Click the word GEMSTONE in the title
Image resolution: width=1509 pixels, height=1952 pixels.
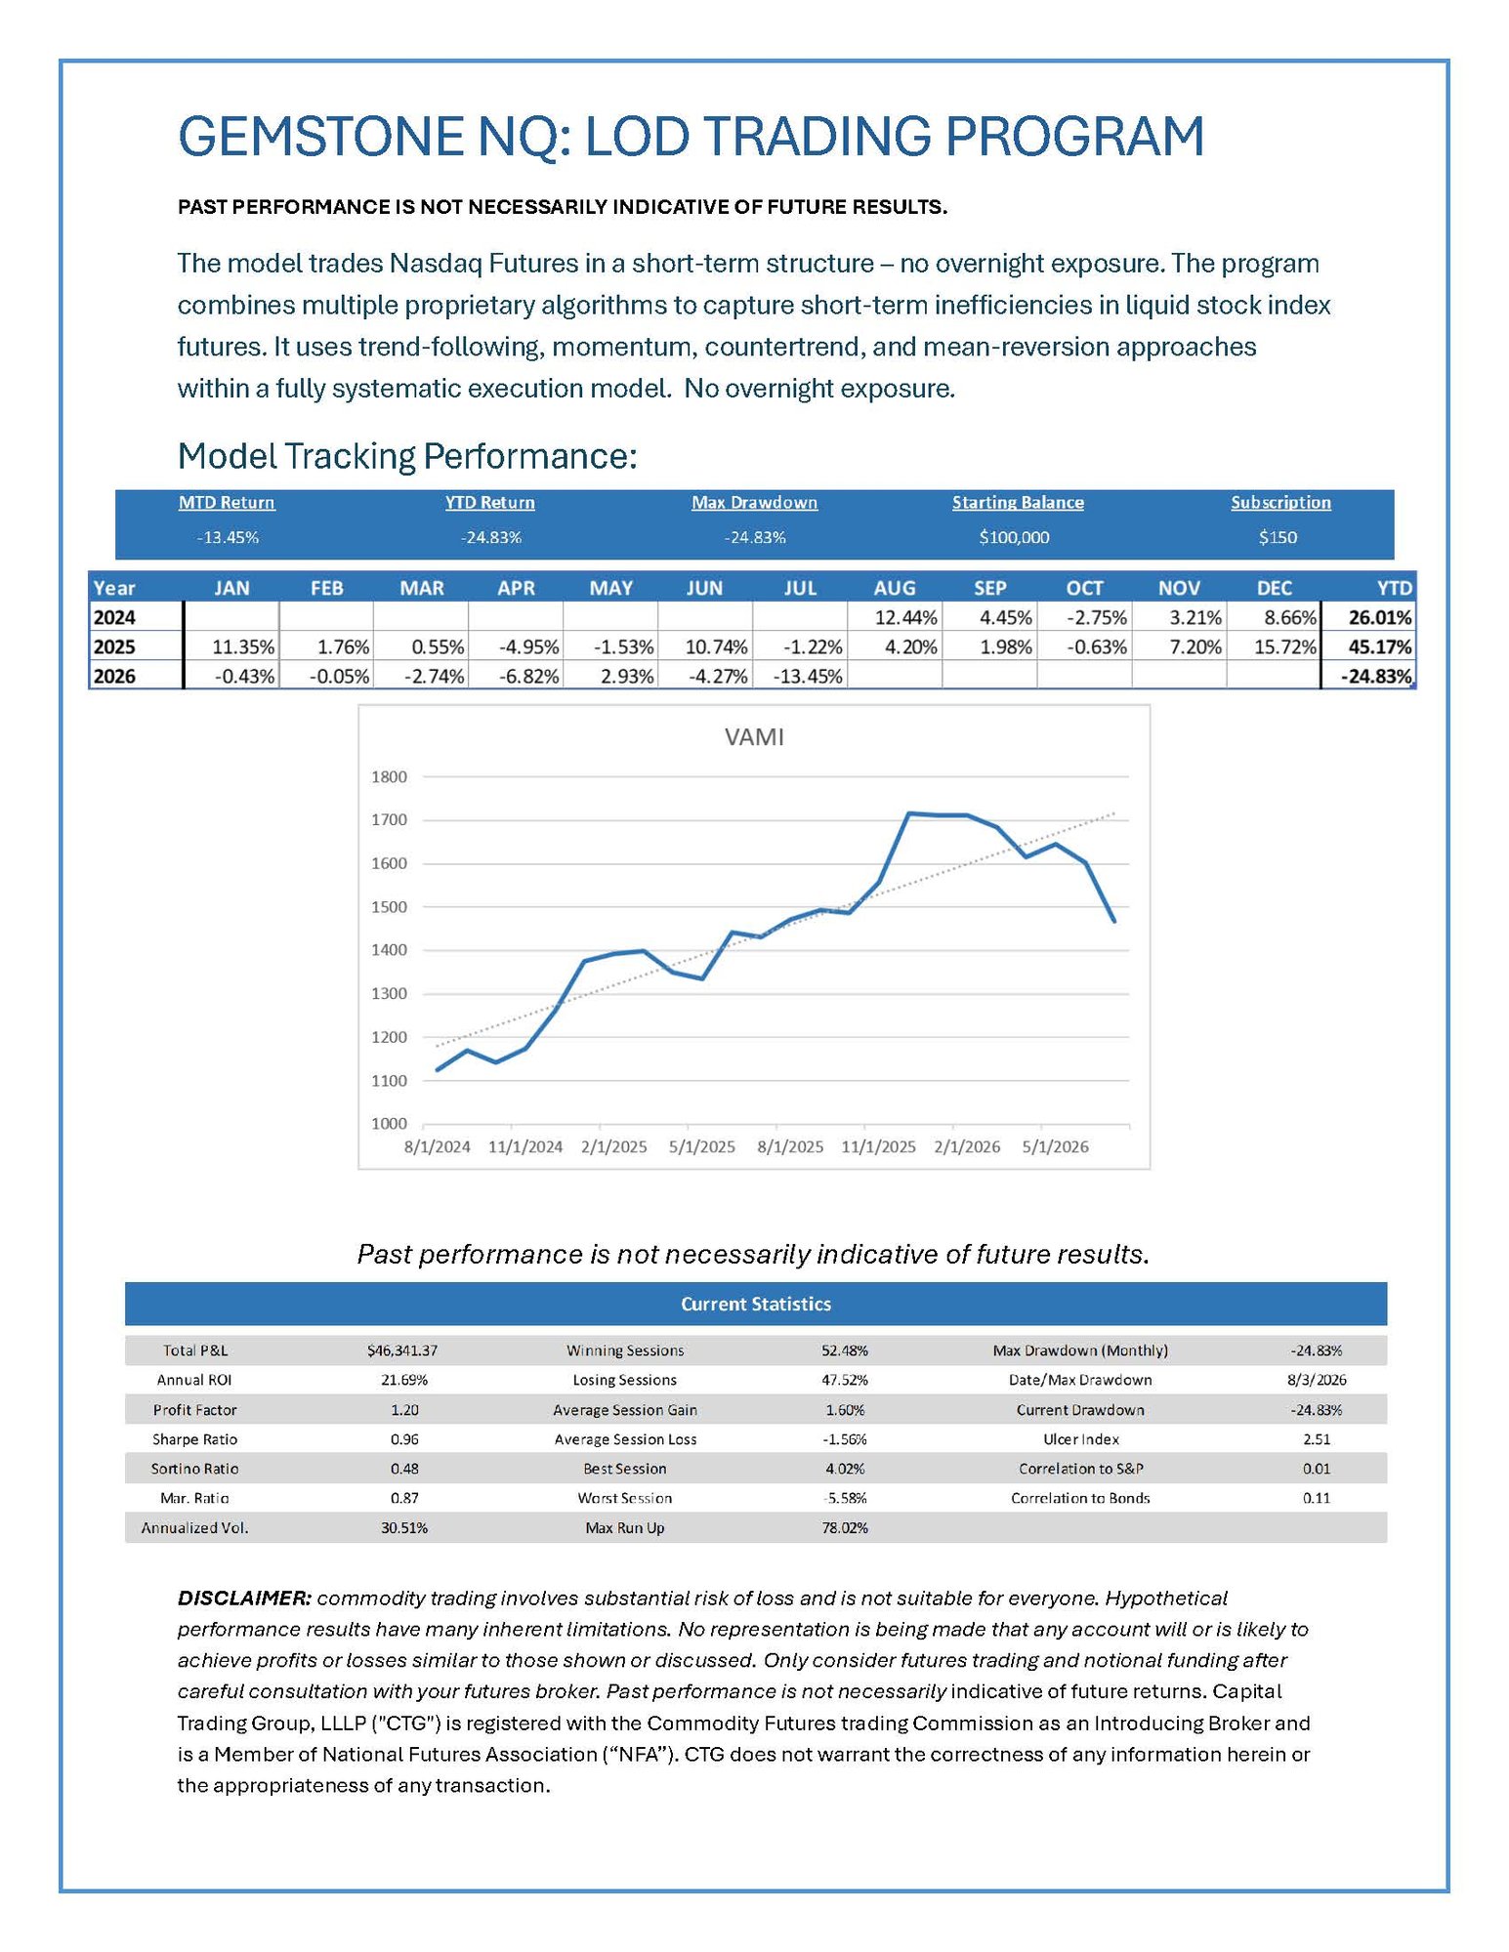(x=320, y=137)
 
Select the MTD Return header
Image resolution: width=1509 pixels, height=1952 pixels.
(x=227, y=503)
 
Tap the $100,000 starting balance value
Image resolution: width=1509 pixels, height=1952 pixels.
(x=1014, y=537)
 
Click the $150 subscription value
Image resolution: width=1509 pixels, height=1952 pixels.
(x=1278, y=537)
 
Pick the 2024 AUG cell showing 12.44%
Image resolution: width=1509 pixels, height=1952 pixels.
(x=905, y=618)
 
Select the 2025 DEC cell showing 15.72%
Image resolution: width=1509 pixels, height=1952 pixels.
(x=1285, y=647)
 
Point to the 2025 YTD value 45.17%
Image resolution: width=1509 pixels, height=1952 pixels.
(x=1380, y=647)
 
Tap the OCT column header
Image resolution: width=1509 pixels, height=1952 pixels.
(x=1084, y=589)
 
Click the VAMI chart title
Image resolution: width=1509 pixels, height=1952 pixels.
(x=754, y=737)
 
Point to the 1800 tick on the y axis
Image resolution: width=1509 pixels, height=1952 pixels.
(x=389, y=777)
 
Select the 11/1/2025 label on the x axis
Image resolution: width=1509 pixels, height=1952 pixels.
(x=878, y=1147)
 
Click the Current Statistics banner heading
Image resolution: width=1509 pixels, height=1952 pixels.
(x=756, y=1305)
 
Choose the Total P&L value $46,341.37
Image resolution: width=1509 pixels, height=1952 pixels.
(x=402, y=1350)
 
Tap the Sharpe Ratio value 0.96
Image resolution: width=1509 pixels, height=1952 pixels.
(x=404, y=1439)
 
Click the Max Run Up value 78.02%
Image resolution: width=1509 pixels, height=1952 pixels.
(x=845, y=1528)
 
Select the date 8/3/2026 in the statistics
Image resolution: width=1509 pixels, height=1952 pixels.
(x=1317, y=1381)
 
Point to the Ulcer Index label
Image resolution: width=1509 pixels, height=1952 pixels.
(x=1081, y=1439)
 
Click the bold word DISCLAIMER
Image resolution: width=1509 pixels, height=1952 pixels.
(x=244, y=1599)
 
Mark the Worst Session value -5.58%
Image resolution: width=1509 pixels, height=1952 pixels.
(x=845, y=1498)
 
